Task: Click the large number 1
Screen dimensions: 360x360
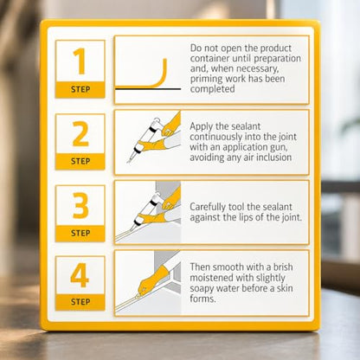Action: click(x=80, y=61)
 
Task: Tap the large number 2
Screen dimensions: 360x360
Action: click(x=80, y=133)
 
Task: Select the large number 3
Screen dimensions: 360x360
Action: click(x=80, y=205)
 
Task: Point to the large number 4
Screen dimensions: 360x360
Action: click(x=80, y=275)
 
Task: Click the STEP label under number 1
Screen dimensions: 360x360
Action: click(x=80, y=89)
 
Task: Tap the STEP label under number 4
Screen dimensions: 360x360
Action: click(x=80, y=302)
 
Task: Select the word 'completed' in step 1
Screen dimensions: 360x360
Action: click(x=212, y=89)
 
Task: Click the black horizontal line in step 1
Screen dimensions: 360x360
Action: click(x=148, y=89)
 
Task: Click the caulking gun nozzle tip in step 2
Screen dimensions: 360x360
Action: click(x=128, y=162)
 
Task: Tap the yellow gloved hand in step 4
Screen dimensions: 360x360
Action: click(x=153, y=280)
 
